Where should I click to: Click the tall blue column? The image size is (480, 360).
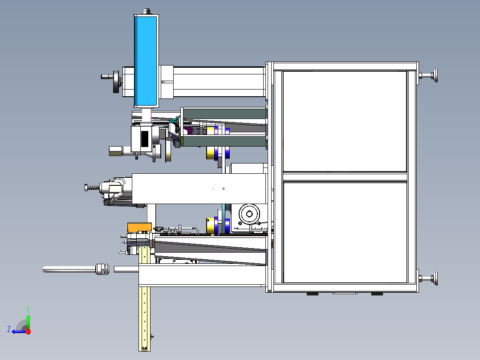146,61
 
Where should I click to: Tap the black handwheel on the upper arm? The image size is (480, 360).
116,82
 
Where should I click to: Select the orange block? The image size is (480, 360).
139,227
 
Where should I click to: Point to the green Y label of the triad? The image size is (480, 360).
28,310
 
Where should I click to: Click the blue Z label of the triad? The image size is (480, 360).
9,329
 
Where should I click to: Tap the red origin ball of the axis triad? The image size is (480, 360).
28,331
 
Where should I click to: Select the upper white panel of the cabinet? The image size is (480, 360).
345,121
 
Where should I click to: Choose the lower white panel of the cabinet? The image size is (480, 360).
345,232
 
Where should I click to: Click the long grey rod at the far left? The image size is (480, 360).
69,269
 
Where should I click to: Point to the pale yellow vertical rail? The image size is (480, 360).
144,319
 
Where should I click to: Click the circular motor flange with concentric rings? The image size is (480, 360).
249,214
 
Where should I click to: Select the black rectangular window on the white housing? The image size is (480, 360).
144,139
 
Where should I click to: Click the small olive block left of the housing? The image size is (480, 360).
116,151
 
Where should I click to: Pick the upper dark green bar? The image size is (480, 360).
225,114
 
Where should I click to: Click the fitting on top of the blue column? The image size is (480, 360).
146,11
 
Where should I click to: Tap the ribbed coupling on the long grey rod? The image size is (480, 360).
102,269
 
